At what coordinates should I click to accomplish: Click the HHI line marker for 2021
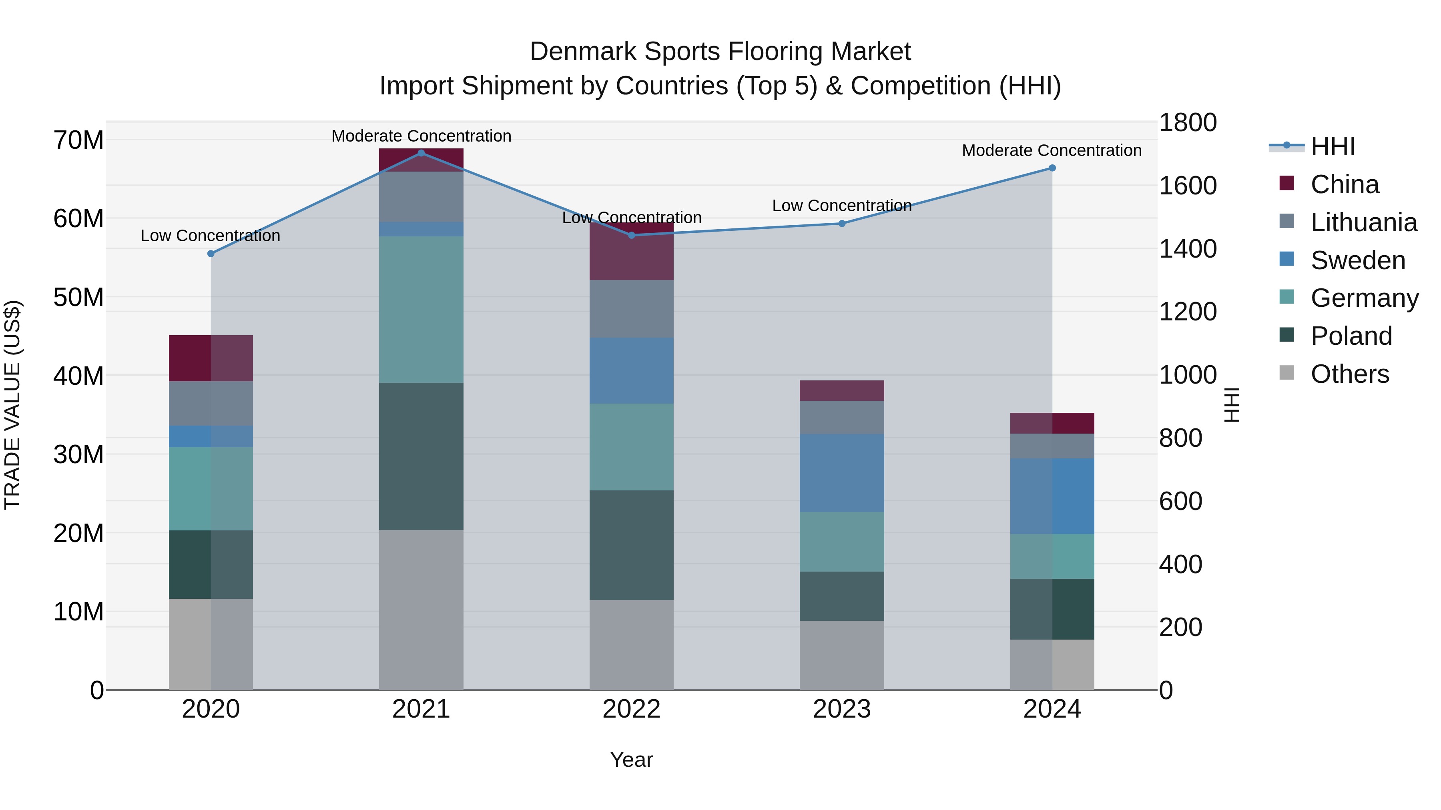[x=421, y=153]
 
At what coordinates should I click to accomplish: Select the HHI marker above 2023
[x=842, y=224]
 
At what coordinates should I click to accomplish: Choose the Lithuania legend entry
[x=1363, y=222]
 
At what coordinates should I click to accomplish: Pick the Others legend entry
[x=1349, y=374]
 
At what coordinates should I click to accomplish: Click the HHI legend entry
[x=1333, y=146]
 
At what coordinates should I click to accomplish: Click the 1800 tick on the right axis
[x=1187, y=123]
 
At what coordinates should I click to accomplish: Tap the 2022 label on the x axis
[x=632, y=709]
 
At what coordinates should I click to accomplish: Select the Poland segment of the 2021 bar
[x=421, y=456]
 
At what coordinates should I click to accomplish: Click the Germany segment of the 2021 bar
[x=421, y=309]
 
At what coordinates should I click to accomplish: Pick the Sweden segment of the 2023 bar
[x=842, y=473]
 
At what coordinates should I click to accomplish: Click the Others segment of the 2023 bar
[x=842, y=655]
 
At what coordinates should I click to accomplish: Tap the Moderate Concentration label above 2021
[x=421, y=136]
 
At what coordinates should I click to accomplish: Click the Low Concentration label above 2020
[x=210, y=236]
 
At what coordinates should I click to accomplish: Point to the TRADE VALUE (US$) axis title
[x=12, y=405]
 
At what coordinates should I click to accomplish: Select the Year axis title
[x=632, y=760]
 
